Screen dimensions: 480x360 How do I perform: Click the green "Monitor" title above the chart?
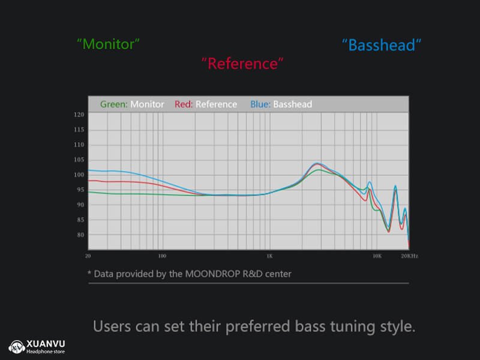(x=108, y=44)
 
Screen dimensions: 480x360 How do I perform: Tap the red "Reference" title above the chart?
(x=242, y=64)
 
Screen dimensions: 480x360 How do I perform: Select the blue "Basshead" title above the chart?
(x=382, y=45)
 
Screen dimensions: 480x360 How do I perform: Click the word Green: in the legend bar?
(x=114, y=104)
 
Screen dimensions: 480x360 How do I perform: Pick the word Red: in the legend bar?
(x=184, y=104)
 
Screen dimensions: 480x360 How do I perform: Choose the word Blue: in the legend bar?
(x=260, y=104)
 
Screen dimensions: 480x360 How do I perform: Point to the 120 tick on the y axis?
(x=79, y=115)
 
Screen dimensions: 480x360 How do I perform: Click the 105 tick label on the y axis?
(x=79, y=160)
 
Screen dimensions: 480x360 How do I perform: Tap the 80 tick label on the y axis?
(x=80, y=235)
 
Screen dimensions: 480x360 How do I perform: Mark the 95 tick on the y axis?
(x=80, y=190)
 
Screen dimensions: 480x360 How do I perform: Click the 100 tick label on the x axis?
(x=162, y=256)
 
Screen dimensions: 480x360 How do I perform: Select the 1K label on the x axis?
(x=269, y=256)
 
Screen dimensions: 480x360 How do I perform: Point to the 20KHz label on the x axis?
(x=410, y=256)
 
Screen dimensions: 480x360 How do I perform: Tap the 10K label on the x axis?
(x=377, y=256)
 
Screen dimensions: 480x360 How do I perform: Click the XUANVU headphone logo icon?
(x=17, y=347)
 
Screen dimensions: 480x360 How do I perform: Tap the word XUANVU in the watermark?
(x=46, y=344)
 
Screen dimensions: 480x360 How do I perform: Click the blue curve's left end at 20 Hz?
(x=88, y=170)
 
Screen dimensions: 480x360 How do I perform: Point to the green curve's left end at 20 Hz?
(x=88, y=192)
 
